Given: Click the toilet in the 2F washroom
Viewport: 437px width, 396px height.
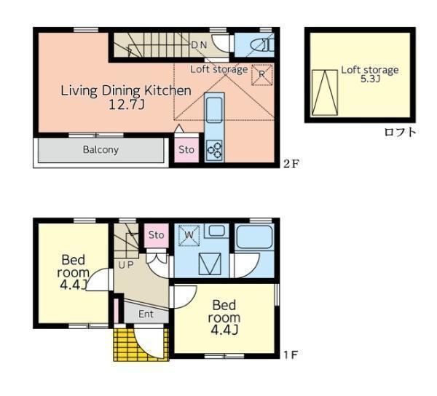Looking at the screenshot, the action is pos(262,45).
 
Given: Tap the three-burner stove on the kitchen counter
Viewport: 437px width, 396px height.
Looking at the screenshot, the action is pos(214,151).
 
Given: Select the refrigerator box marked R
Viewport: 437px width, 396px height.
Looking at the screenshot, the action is pos(262,74).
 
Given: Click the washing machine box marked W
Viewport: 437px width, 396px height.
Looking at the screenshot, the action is pos(189,235).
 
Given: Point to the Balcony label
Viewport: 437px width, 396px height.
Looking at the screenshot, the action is pos(101,150).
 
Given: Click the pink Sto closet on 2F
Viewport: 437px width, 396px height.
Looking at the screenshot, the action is pos(186,150).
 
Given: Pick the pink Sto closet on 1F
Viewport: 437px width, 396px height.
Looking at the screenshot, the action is pos(156,235).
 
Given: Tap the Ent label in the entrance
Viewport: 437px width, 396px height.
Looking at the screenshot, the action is pos(146,314).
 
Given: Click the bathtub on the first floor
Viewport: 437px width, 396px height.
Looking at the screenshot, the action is pos(254,237).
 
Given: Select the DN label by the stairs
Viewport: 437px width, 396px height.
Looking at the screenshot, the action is pos(199,45).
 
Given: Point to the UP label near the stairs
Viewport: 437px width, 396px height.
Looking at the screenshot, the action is pos(126,265).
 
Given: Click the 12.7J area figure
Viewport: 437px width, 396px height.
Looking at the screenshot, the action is pos(127,105).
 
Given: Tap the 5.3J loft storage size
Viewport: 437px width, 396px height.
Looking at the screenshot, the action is pos(371,79).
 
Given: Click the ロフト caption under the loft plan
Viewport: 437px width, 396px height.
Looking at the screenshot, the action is pos(400,132).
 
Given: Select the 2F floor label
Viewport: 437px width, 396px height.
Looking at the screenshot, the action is pos(291,164).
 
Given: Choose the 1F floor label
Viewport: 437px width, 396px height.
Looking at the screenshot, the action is pos(291,355).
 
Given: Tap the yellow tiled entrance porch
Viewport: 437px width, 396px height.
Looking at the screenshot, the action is pos(141,345).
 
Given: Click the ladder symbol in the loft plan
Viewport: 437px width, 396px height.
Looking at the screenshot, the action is pos(325,92).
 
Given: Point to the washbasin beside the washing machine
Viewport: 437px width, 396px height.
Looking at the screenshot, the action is pos(216,231).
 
